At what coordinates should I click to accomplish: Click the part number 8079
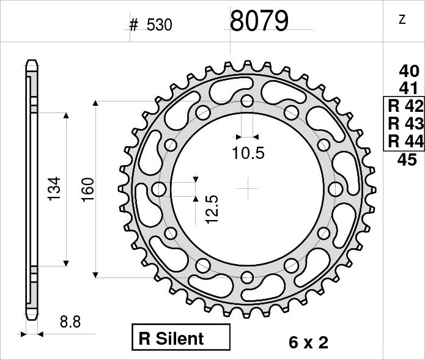259,21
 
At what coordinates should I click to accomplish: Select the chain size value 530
159,25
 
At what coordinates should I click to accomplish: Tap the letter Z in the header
402,20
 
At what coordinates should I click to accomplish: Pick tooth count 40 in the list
409,72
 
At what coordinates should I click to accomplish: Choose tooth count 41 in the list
408,88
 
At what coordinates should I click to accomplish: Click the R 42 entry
405,106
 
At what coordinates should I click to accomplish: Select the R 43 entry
405,123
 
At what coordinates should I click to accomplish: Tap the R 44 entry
405,141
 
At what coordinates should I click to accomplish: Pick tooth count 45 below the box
407,160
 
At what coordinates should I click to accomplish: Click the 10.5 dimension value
248,153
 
